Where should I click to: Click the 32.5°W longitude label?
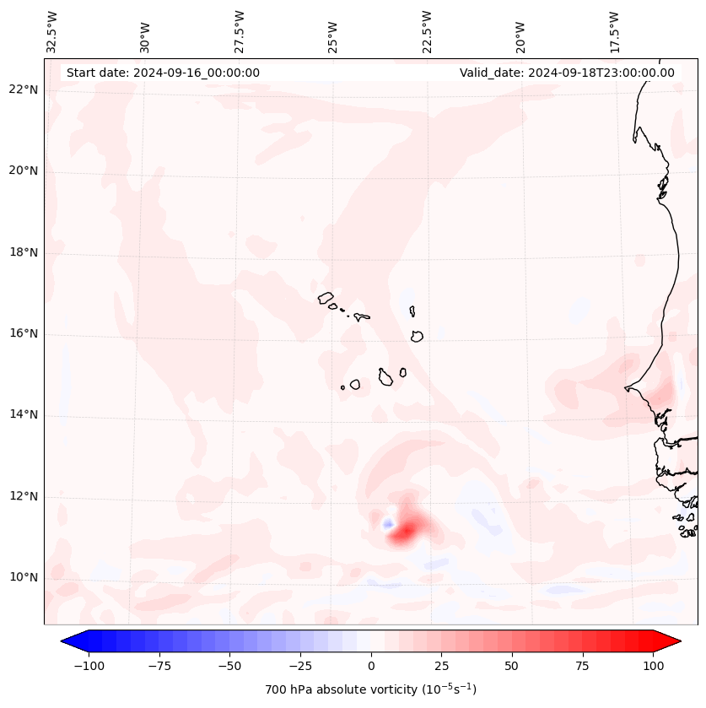(52, 32)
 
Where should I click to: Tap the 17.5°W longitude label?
(615, 32)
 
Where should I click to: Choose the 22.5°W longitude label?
(427, 32)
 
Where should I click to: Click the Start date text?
(163, 73)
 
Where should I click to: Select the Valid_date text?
(567, 73)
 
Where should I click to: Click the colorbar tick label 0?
(370, 666)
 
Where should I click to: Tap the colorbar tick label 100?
(654, 666)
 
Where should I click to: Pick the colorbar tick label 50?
(512, 666)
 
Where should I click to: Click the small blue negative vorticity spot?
(388, 524)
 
